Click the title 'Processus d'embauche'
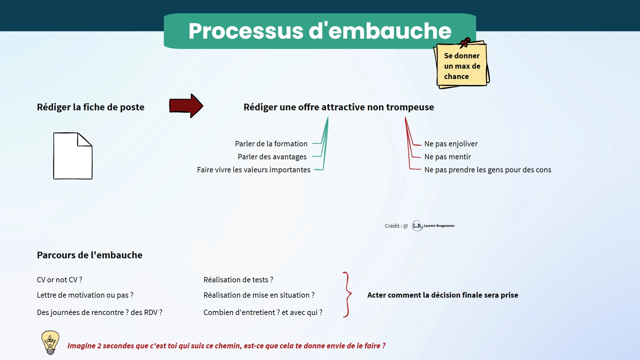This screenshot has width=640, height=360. pyautogui.click(x=320, y=31)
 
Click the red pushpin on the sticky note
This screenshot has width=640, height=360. pyautogui.click(x=465, y=42)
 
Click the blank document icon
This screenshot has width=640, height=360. pyautogui.click(x=73, y=156)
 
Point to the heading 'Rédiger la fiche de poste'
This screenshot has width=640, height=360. pyautogui.click(x=91, y=107)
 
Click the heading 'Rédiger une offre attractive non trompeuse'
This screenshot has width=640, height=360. pyautogui.click(x=339, y=107)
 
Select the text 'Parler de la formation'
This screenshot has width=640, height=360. pyautogui.click(x=271, y=144)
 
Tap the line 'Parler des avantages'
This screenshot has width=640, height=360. pyautogui.click(x=272, y=157)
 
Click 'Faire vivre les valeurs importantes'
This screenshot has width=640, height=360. pyautogui.click(x=254, y=170)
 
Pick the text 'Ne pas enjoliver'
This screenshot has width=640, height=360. pyautogui.click(x=451, y=144)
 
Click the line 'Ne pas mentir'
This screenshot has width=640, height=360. pyautogui.click(x=447, y=157)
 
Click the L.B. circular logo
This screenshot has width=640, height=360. pyautogui.click(x=417, y=226)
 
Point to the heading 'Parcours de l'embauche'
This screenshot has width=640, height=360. pyautogui.click(x=90, y=255)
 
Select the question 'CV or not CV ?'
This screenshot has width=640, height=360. pyautogui.click(x=59, y=280)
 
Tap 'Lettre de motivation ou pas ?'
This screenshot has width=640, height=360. pyautogui.click(x=85, y=295)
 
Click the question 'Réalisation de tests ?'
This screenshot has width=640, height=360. pyautogui.click(x=238, y=280)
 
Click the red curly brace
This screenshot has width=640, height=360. pyautogui.click(x=347, y=295)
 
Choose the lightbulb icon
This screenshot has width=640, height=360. pyautogui.click(x=50, y=342)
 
